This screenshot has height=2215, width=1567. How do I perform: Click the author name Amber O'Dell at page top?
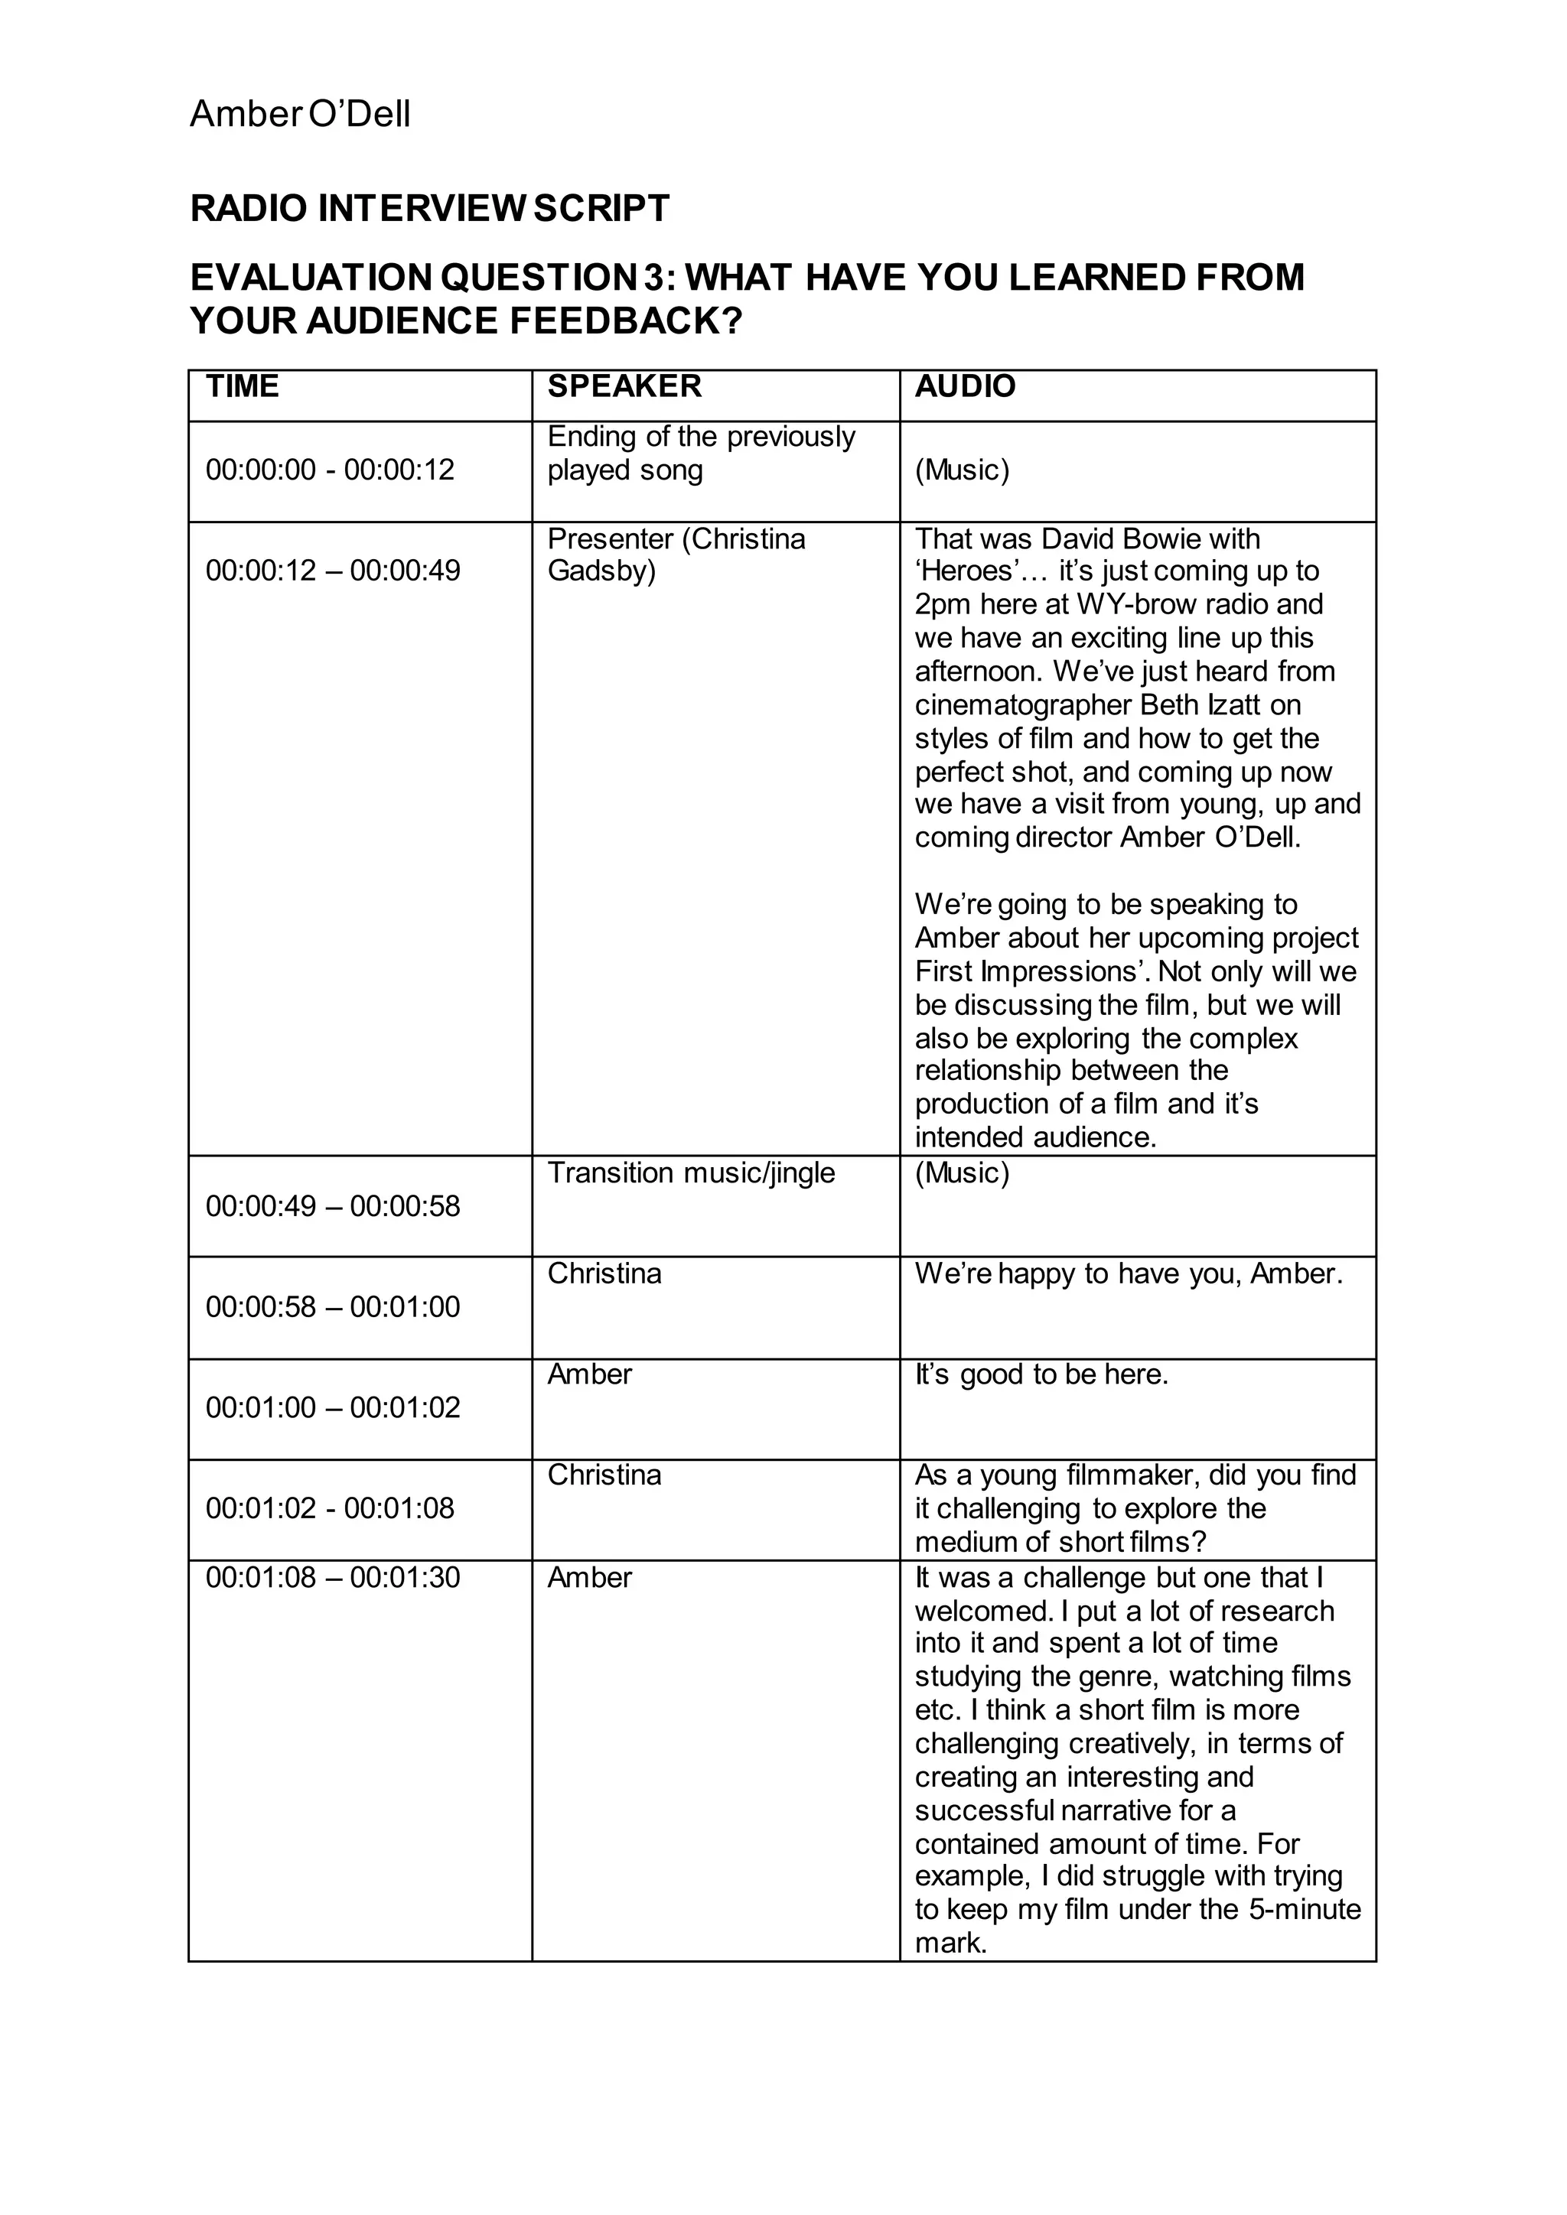coord(300,114)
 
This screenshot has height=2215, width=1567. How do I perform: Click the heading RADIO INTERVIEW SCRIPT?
coord(429,208)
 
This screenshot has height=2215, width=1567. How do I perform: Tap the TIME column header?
coord(243,386)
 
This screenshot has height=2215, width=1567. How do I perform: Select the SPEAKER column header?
coord(624,386)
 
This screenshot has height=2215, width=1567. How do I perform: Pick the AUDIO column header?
coord(965,386)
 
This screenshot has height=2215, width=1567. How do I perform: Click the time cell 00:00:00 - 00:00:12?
coord(330,470)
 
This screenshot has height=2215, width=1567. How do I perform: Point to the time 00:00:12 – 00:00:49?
coord(333,570)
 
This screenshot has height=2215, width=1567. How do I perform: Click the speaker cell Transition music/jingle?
coord(691,1173)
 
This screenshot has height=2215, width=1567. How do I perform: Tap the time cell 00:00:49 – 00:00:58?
coord(333,1206)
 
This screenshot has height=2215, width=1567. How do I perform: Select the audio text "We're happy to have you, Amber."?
coord(1129,1273)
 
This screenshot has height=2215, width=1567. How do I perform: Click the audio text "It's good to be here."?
coord(1041,1374)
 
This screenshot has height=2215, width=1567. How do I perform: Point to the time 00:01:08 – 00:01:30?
coord(333,1577)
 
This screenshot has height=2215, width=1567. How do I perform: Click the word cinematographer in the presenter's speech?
coord(1023,704)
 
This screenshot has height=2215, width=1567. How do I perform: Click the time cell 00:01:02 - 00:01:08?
coord(330,1508)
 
